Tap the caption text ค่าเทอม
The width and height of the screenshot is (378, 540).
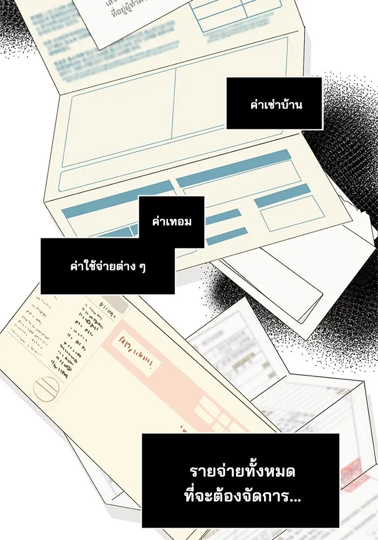pos(172,222)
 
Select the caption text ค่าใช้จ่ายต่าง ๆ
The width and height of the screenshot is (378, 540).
pos(108,266)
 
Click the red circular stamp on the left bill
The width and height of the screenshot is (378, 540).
pos(47,388)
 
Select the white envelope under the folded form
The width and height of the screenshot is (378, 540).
pos(281,281)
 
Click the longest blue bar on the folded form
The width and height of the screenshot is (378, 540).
pos(233,169)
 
